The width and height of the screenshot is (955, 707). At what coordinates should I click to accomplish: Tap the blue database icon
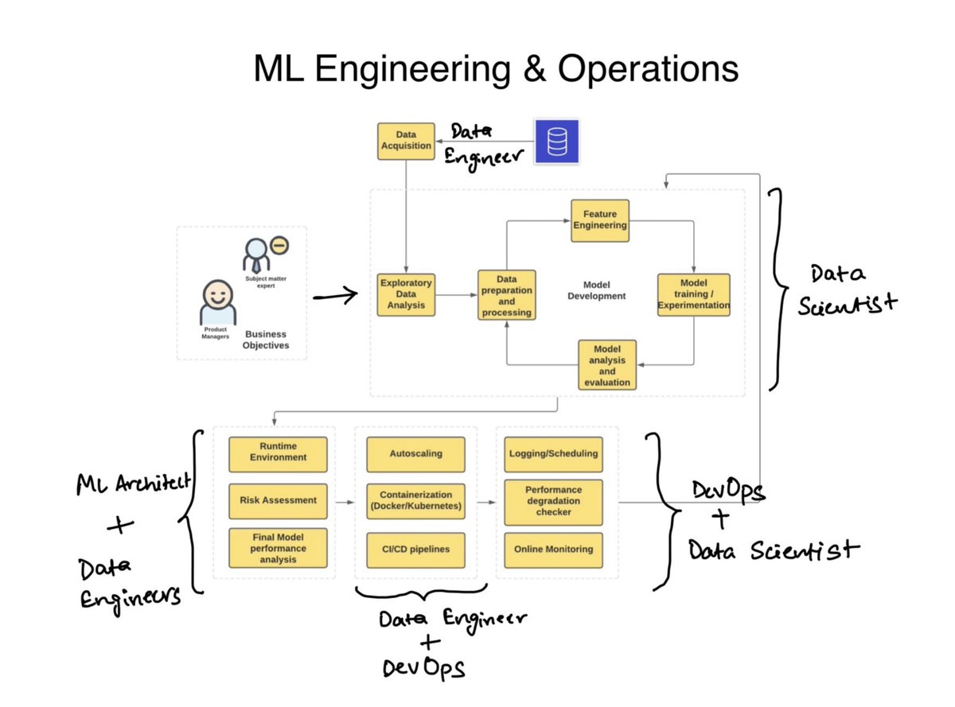pos(556,141)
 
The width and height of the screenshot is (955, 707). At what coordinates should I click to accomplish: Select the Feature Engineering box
pos(600,219)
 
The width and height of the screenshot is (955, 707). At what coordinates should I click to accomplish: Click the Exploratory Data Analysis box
pos(406,294)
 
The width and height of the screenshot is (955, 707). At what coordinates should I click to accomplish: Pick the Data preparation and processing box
pos(506,294)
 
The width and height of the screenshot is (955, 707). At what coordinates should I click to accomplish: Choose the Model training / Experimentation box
pos(693,295)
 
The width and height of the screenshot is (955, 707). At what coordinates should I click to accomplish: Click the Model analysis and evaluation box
pos(607,365)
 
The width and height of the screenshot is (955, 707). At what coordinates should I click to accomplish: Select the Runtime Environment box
pos(278,453)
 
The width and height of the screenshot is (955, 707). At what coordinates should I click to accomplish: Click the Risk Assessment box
pos(278,500)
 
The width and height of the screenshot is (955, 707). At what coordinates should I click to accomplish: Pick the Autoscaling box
pos(415,453)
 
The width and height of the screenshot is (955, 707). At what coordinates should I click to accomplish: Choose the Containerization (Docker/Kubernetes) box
pos(415,500)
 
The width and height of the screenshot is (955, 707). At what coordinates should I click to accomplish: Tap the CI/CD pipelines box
pos(415,549)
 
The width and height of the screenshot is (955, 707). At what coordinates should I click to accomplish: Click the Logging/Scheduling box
pos(553,453)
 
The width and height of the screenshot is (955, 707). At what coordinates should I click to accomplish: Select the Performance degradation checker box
pos(553,501)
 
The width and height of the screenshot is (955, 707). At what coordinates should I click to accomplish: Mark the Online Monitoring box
pos(553,549)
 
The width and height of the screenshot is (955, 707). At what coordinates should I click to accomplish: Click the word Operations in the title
pos(647,70)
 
